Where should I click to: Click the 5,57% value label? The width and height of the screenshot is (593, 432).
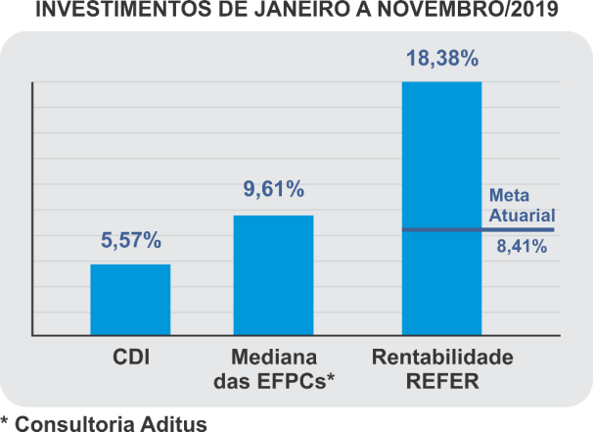130,241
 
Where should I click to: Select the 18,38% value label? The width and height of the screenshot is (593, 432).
441,59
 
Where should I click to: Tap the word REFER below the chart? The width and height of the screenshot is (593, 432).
441,381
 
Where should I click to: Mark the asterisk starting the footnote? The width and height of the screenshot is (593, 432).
6,421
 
